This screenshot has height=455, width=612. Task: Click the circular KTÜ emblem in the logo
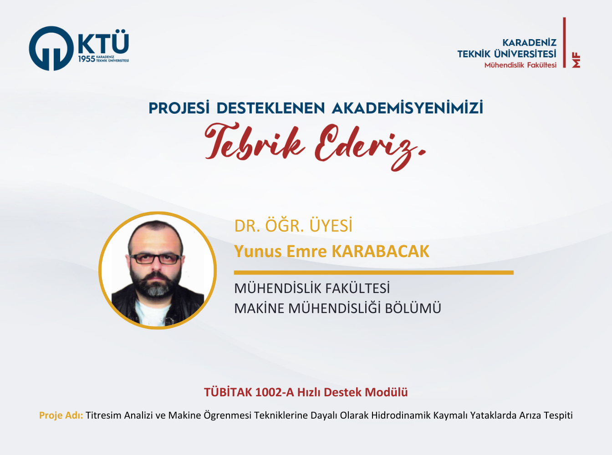51,48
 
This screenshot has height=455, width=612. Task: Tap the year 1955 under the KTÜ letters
87,59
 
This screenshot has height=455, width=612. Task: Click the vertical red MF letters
576,60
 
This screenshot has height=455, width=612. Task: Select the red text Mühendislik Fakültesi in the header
520,65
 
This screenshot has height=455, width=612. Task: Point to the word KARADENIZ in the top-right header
530,43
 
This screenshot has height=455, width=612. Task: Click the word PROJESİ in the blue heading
179,108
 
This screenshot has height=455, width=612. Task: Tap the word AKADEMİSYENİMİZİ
408,108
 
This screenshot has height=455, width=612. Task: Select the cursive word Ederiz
370,146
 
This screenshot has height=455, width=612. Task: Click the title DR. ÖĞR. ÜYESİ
293,225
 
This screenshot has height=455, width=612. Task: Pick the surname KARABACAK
381,251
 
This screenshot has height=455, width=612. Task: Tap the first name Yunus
258,252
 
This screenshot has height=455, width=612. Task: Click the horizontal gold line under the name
373,273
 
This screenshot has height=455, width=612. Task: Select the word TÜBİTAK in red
228,392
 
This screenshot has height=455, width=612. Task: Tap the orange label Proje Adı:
61,415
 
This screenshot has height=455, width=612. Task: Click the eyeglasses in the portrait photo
155,258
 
